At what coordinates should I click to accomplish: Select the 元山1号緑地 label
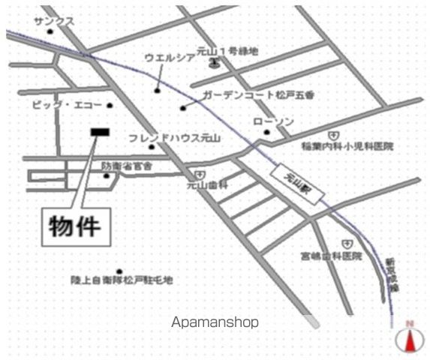tap(227, 51)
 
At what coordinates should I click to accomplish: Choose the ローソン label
tap(273, 121)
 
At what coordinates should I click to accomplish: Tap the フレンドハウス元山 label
tap(175, 138)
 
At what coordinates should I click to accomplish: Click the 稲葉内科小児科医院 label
tap(347, 146)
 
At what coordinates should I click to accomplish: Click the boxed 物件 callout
tap(76, 226)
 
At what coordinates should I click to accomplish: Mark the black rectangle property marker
tap(99, 132)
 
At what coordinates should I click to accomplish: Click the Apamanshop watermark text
tap(215, 322)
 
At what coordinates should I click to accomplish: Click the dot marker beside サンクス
tap(50, 32)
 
